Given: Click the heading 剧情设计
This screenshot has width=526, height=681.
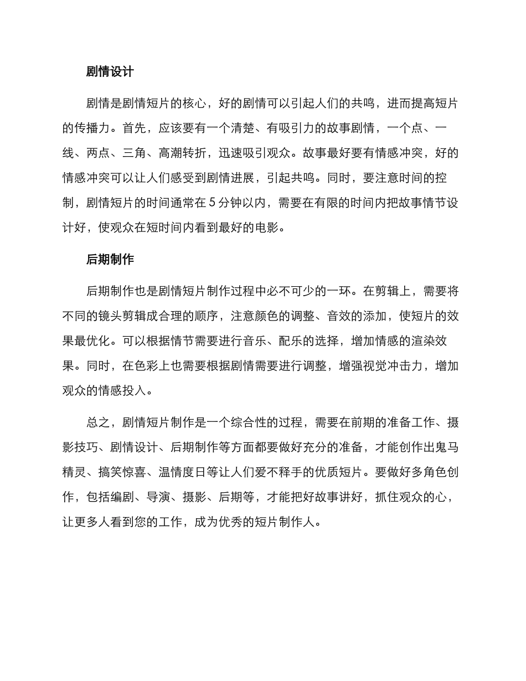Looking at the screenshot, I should [x=110, y=71].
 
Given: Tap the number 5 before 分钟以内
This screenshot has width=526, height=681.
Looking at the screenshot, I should [x=213, y=202].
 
